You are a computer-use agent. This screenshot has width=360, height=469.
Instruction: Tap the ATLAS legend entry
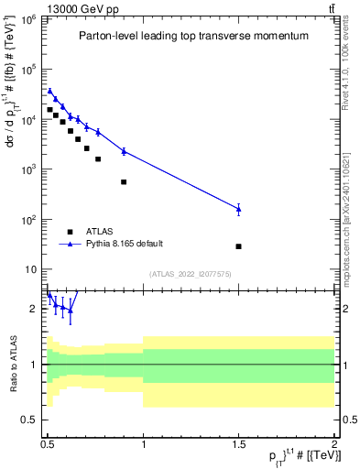pos(100,232)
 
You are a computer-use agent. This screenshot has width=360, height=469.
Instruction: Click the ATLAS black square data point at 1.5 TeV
pos(238,246)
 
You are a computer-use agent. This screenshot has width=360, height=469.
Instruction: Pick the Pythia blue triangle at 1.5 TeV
pos(238,209)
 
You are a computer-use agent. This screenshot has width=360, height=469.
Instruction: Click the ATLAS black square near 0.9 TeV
pos(124,181)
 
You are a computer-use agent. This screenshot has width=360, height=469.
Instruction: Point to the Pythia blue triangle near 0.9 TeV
pos(124,150)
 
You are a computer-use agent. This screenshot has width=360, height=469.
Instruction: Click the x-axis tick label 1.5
pos(238,442)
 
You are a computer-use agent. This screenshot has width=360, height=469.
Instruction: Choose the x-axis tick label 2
pos(334,442)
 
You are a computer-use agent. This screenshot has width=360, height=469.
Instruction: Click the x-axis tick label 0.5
pos(48,442)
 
